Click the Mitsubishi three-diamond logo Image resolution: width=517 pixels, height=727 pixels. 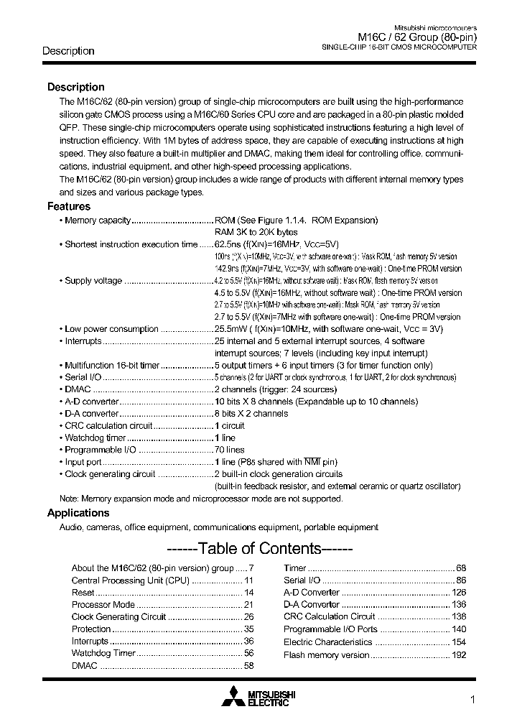tap(233, 697)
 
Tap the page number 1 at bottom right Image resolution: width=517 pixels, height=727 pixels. tap(472, 700)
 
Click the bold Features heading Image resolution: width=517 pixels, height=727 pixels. tap(69, 206)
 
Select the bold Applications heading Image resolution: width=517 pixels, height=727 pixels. tap(78, 513)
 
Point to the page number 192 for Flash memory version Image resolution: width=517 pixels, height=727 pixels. tap(459, 654)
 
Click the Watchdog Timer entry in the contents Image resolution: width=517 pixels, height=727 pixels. tap(103, 653)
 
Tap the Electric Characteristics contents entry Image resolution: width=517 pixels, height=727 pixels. tap(327, 642)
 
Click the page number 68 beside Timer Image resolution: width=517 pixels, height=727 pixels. tap(461, 568)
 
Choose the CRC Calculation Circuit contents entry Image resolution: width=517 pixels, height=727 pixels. tap(329, 616)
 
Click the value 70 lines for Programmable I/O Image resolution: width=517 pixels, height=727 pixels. tap(230, 450)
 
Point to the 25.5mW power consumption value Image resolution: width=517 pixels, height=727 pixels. tap(230, 329)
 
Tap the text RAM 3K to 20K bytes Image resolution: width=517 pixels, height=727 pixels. tap(256, 232)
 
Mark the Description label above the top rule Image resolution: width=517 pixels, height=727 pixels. tap(68, 51)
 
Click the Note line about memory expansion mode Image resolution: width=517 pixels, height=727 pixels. tap(201, 499)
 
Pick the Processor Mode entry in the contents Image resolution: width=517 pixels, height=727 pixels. tap(103, 604)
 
